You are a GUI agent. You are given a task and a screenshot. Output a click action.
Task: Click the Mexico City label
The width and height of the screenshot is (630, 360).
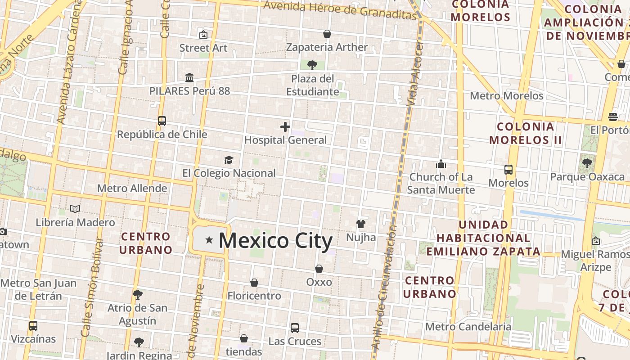click(275, 241)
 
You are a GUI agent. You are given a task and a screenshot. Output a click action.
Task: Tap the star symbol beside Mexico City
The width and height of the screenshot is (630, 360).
click(209, 240)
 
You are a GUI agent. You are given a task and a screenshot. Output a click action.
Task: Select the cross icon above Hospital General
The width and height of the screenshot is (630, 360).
click(285, 127)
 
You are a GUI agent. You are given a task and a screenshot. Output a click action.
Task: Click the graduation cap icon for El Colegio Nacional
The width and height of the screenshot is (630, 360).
click(229, 160)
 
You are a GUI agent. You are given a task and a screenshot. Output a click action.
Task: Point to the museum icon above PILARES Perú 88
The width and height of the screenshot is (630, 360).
click(189, 78)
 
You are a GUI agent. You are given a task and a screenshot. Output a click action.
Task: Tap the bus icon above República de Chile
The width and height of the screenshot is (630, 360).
click(162, 121)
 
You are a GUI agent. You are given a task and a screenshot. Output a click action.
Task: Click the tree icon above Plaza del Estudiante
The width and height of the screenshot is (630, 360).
click(312, 66)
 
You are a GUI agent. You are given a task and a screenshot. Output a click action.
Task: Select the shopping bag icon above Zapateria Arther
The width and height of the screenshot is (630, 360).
click(327, 34)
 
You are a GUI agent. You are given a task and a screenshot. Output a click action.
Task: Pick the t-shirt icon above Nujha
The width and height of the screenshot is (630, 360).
click(360, 224)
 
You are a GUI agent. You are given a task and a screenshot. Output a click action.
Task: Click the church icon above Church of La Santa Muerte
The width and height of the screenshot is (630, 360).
click(441, 164)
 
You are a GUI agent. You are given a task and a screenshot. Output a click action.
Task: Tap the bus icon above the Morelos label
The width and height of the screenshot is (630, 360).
click(508, 170)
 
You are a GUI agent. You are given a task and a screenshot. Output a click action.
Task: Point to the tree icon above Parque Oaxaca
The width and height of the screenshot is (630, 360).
click(587, 163)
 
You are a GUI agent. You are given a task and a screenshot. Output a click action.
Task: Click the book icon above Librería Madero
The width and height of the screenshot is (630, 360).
click(75, 209)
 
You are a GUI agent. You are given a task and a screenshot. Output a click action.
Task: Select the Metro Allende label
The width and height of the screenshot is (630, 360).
click(132, 188)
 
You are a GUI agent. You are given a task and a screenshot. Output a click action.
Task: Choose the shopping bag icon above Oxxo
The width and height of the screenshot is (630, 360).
click(319, 269)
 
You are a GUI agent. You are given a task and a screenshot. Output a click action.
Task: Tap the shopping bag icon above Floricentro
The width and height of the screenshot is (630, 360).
click(254, 283)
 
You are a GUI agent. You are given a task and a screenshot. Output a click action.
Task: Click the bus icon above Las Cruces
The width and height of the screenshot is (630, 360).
click(295, 328)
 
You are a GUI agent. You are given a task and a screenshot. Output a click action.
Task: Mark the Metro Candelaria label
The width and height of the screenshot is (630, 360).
click(468, 326)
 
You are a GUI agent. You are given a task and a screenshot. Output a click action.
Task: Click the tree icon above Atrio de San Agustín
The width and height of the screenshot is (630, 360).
click(138, 295)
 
